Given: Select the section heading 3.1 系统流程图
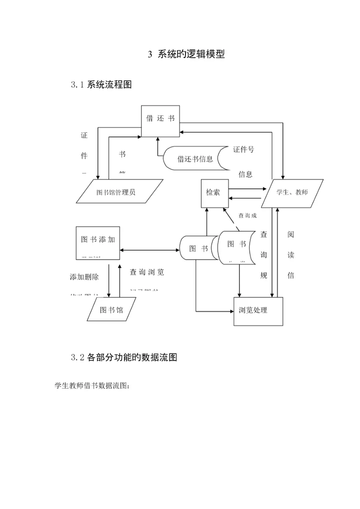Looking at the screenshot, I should (x=101, y=84).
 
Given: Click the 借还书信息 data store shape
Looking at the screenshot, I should (x=195, y=159).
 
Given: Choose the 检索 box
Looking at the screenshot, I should (x=213, y=192).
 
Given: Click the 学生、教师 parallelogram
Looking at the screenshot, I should (x=292, y=192).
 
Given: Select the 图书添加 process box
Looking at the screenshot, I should (x=98, y=242).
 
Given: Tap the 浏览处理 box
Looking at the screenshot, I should (x=257, y=310).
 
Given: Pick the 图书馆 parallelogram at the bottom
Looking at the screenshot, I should (x=111, y=310).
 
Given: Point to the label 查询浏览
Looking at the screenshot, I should (x=147, y=272).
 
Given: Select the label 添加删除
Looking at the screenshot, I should (x=84, y=277).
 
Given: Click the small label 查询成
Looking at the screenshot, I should (x=247, y=216).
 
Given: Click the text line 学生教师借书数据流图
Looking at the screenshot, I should (x=91, y=386).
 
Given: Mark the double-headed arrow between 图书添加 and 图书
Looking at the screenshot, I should (x=149, y=249).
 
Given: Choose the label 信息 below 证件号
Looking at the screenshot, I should (x=245, y=174).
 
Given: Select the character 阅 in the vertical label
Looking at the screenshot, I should (x=291, y=234).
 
